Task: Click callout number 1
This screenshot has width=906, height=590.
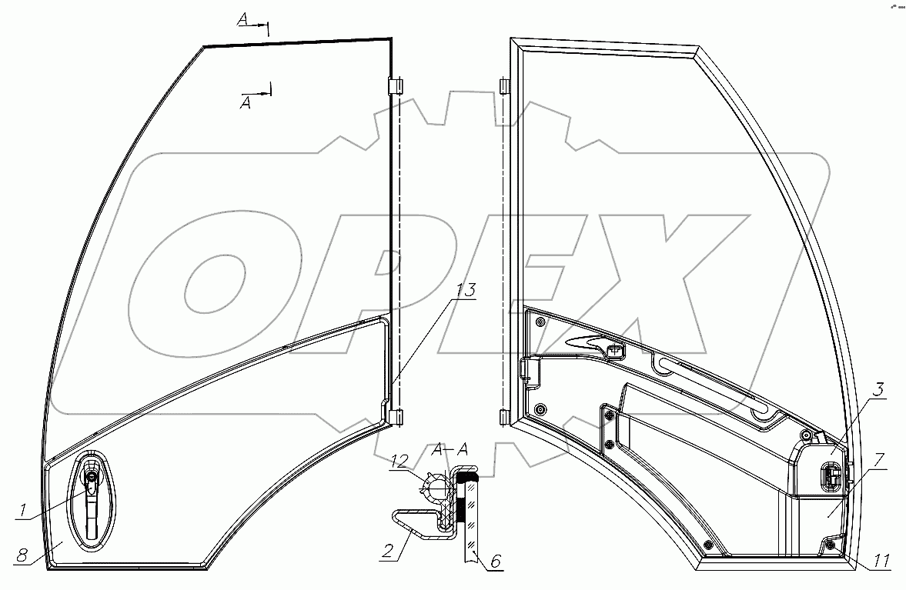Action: [x=22, y=510]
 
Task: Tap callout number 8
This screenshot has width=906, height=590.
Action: [x=22, y=555]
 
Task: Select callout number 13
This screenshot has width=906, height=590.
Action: [x=465, y=290]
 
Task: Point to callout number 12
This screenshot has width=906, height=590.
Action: [x=400, y=461]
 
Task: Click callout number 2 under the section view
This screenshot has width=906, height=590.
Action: [x=388, y=550]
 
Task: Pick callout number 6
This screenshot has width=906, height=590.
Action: [x=495, y=561]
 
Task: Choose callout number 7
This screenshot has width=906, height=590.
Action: [x=878, y=390]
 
